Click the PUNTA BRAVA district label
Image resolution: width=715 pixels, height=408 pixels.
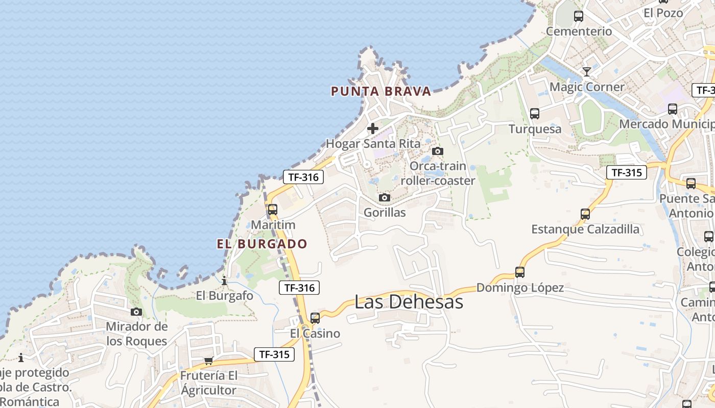pyautogui.click(x=381, y=91)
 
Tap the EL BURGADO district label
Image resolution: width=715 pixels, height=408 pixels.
pyautogui.click(x=262, y=244)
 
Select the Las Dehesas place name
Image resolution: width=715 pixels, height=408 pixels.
pyautogui.click(x=409, y=301)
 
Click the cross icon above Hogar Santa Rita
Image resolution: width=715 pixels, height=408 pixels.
pyautogui.click(x=373, y=128)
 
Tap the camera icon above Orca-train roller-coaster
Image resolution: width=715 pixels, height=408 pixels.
pyautogui.click(x=438, y=151)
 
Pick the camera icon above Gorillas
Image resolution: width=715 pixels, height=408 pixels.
pyautogui.click(x=385, y=197)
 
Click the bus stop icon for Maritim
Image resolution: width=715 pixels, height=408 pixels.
pyautogui.click(x=273, y=209)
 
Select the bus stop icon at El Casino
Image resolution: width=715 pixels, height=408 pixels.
pyautogui.click(x=315, y=318)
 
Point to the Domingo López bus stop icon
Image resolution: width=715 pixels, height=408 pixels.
pyautogui.click(x=520, y=272)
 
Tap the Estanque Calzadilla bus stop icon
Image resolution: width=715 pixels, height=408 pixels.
pyautogui.click(x=585, y=214)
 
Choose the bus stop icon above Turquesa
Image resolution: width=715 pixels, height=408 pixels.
pyautogui.click(x=535, y=114)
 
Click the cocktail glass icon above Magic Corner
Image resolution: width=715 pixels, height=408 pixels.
pyautogui.click(x=587, y=72)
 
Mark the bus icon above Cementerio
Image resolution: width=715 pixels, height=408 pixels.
pyautogui.click(x=579, y=16)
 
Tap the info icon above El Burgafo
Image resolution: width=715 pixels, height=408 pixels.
pyautogui.click(x=224, y=280)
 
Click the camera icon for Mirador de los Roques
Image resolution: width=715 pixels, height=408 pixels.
pyautogui.click(x=136, y=312)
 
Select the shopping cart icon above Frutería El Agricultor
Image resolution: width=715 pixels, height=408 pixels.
pyautogui.click(x=208, y=361)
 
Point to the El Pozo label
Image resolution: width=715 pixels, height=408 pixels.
pyautogui.click(x=663, y=13)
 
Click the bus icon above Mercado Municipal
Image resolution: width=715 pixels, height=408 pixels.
pyautogui.click(x=673, y=109)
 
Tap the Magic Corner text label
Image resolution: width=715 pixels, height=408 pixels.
pyautogui.click(x=587, y=87)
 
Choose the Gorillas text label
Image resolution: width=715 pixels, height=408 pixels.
pyautogui.click(x=385, y=212)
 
